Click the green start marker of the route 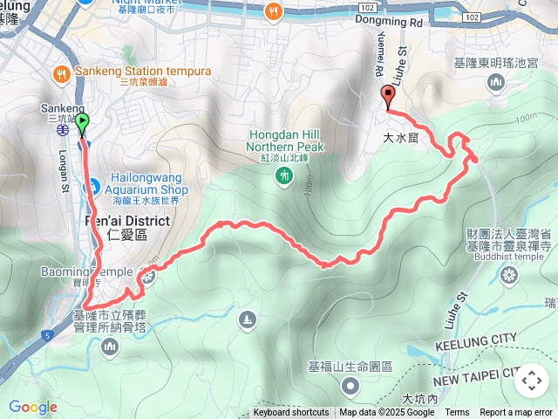click(83, 123)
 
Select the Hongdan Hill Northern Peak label click(286, 141)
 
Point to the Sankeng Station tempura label click(143, 71)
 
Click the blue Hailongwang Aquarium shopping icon click(91, 185)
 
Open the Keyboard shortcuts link click(291, 413)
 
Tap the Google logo click(32, 407)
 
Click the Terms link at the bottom click(457, 413)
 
